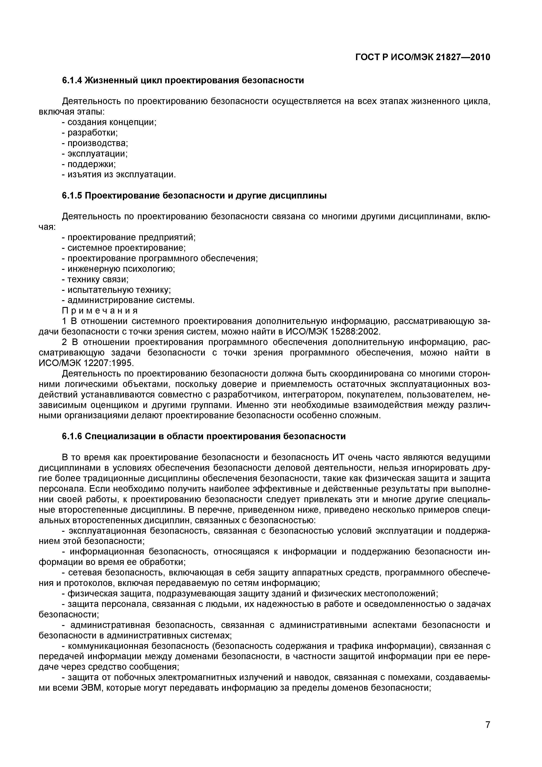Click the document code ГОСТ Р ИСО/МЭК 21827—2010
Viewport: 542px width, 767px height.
(x=422, y=58)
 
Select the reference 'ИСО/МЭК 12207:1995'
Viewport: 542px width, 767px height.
(x=86, y=363)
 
